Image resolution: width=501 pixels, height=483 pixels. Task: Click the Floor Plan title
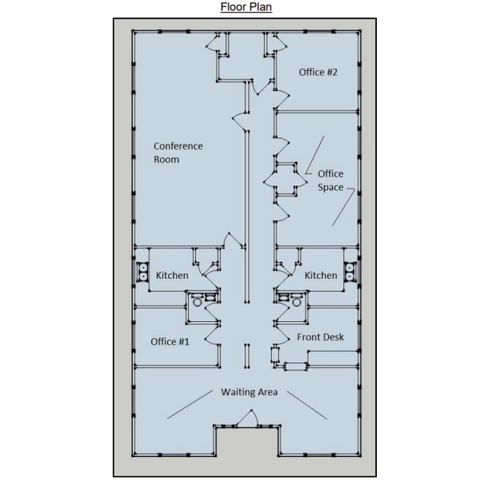(x=246, y=7)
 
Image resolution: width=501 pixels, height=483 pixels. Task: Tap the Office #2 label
(x=318, y=72)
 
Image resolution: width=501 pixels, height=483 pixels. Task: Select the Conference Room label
(x=178, y=153)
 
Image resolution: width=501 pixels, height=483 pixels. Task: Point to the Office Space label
(x=331, y=180)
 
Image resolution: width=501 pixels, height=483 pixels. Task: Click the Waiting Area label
(x=249, y=392)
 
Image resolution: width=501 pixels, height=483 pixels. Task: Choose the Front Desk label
(x=321, y=337)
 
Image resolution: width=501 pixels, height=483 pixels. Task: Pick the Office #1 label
(x=170, y=341)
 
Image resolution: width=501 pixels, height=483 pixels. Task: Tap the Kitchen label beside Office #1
(x=172, y=276)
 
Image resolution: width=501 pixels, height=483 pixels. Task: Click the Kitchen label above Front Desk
(x=321, y=276)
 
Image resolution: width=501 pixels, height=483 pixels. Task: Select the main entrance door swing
(x=247, y=418)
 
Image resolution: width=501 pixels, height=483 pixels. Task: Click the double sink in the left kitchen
(x=143, y=272)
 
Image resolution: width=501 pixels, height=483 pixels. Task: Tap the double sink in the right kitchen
(x=350, y=272)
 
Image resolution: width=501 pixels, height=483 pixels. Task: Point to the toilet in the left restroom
(x=197, y=302)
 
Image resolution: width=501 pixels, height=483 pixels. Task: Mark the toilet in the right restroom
(x=297, y=302)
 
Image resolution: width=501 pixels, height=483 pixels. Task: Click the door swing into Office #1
(x=212, y=336)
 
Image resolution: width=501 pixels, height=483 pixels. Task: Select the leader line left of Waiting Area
(x=190, y=404)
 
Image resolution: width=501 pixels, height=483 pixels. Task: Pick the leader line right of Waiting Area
(x=307, y=405)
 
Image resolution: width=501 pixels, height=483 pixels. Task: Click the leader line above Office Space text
(x=314, y=155)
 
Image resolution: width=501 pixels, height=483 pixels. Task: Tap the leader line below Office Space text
(x=344, y=207)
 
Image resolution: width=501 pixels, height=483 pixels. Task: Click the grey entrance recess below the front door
(x=247, y=451)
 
